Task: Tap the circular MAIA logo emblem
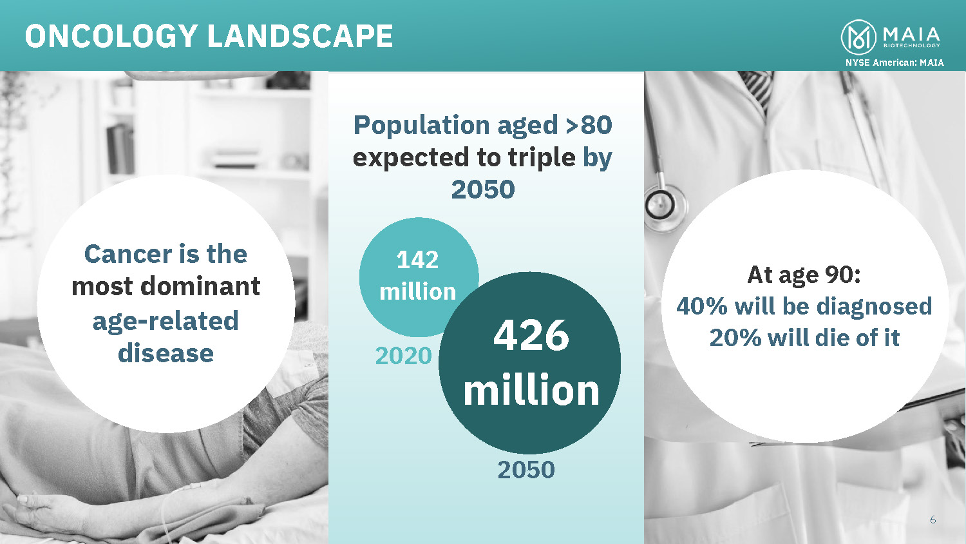pyautogui.click(x=858, y=37)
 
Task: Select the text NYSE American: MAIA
pyautogui.click(x=895, y=63)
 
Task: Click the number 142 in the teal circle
pyautogui.click(x=417, y=260)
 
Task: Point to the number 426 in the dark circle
pyautogui.click(x=531, y=335)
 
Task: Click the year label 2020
pyautogui.click(x=403, y=356)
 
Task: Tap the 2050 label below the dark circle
pyautogui.click(x=526, y=470)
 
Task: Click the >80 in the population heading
pyautogui.click(x=589, y=125)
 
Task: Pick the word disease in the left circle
pyautogui.click(x=166, y=353)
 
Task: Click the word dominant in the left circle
pyautogui.click(x=200, y=286)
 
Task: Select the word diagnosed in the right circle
pyautogui.click(x=875, y=307)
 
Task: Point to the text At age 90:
pyautogui.click(x=804, y=275)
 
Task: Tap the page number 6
pyautogui.click(x=933, y=520)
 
